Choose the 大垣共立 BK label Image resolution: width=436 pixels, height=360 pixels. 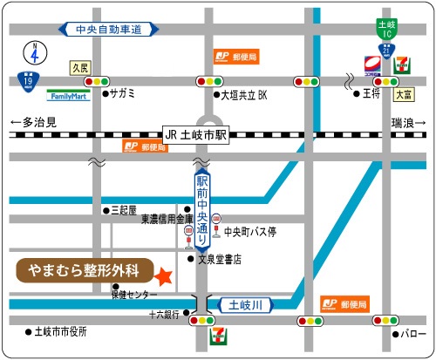pyautogui.click(x=243, y=92)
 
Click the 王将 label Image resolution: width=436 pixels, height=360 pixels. pyautogui.click(x=371, y=92)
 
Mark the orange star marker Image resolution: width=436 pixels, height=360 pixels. pyautogui.click(x=162, y=276)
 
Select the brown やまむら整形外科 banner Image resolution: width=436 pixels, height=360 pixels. pyautogui.click(x=84, y=269)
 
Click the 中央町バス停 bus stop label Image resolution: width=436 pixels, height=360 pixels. pyautogui.click(x=250, y=232)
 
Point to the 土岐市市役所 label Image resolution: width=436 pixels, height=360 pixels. pyautogui.click(x=62, y=332)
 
